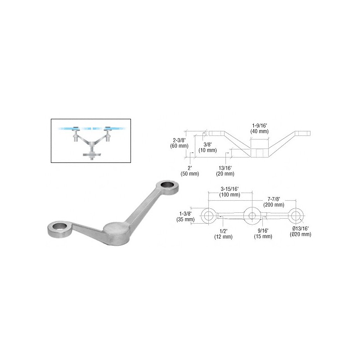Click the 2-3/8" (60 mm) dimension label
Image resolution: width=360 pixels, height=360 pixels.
pos(179,143)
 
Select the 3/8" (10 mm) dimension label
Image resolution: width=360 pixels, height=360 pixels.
pos(207,148)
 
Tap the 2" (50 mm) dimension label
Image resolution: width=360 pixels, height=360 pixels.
pos(189,171)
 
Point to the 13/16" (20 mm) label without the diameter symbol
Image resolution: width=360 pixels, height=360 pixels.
pos(225,171)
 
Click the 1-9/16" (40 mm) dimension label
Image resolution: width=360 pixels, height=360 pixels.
pos(260,129)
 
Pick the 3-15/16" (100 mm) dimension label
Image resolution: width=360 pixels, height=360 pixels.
pos(230,192)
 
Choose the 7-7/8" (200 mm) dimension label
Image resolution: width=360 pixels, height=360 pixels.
pos(274,202)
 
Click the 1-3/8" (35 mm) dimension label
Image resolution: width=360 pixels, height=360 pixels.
pos(185,216)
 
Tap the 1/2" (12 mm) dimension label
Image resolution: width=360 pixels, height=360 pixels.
pos(223,234)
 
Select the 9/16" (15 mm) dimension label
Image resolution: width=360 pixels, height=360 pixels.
pos(263,234)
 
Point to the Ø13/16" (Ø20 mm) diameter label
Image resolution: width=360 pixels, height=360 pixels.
pos(301,231)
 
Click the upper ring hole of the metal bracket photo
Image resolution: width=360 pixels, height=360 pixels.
pos(167,184)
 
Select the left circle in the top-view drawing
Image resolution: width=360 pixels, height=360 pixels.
pos(208,216)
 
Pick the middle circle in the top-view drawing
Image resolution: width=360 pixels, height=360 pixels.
pos(252,216)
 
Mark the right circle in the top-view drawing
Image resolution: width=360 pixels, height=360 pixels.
pos(296,216)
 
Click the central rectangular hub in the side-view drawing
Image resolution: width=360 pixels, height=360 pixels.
pos(260,153)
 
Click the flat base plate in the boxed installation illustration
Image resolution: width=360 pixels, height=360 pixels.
pos(92,154)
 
